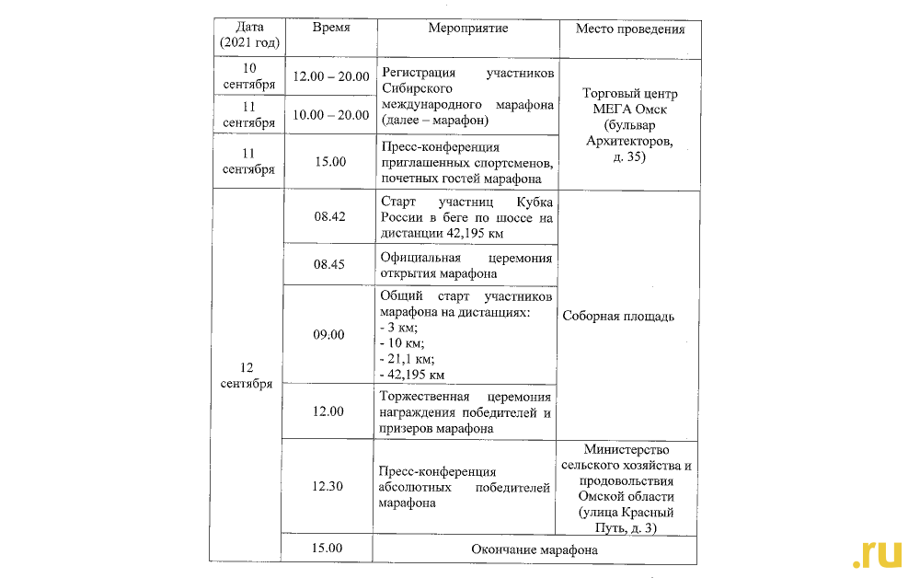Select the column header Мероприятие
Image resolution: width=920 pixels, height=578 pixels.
pos(467,28)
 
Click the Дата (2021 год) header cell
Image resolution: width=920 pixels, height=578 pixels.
pos(249,35)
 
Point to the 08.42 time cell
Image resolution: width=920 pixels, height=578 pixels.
pos(329,216)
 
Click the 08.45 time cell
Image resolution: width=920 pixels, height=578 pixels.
pos(329,264)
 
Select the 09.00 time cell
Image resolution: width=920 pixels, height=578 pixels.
pos(329,334)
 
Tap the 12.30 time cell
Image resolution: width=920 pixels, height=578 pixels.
pos(329,486)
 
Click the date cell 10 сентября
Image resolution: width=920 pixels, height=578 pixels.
pos(249,76)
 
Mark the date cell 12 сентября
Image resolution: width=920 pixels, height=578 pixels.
pos(249,376)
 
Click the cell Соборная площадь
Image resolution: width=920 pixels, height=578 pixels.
pos(618,317)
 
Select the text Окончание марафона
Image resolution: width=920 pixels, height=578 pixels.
pos(534,550)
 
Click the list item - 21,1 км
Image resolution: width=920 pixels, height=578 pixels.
pos(407,359)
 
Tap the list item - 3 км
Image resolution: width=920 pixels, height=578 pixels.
pos(398,328)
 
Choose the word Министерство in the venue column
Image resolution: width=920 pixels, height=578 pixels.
pos(627,450)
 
